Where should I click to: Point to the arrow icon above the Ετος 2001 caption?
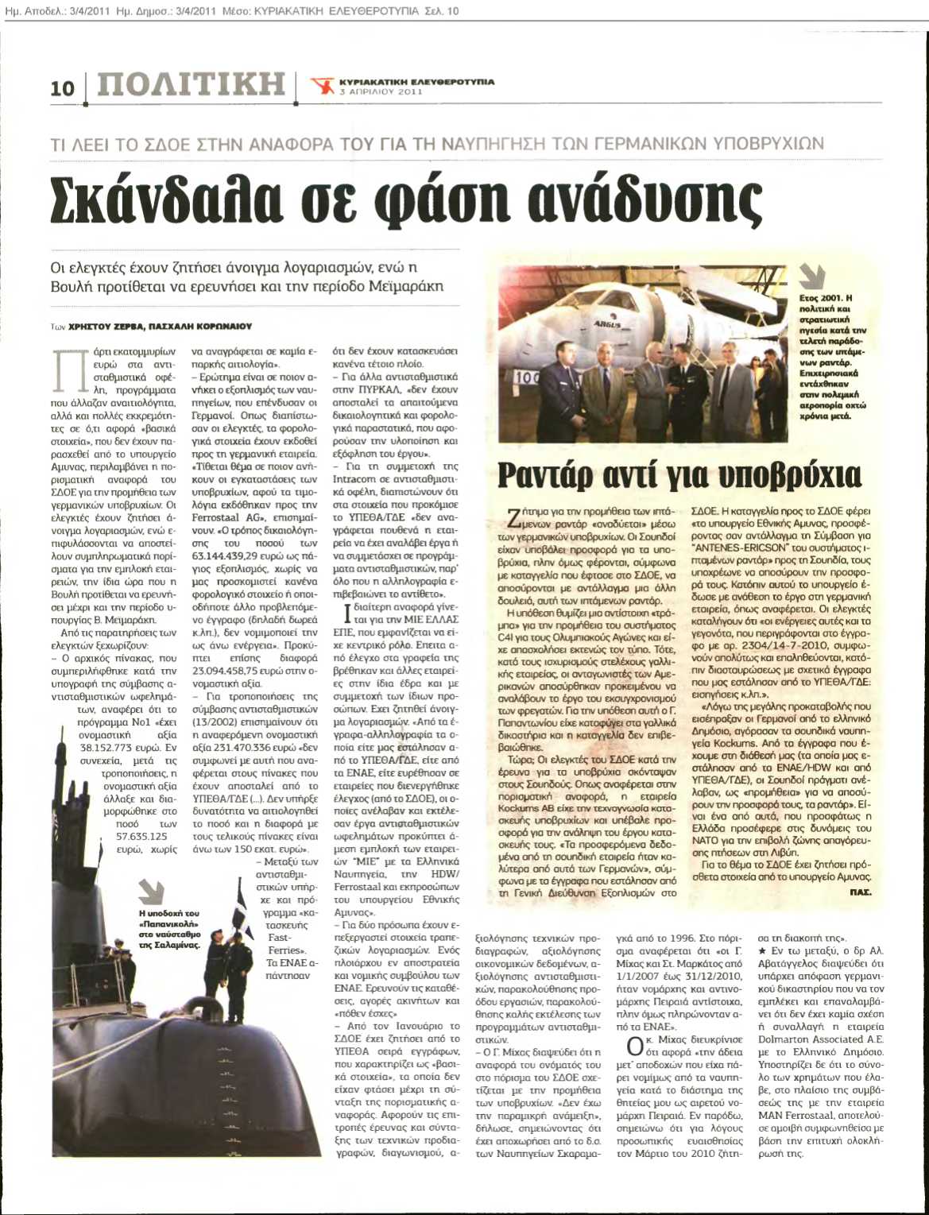[811, 276]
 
